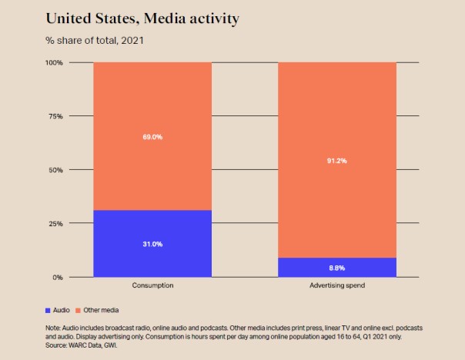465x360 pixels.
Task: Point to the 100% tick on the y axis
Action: [x=53, y=62]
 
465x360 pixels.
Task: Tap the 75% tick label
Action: [x=55, y=116]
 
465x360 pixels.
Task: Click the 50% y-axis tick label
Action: [x=55, y=170]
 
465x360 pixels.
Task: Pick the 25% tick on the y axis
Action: [x=55, y=224]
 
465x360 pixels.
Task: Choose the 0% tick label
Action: [x=58, y=277]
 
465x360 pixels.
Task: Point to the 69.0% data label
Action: [x=152, y=137]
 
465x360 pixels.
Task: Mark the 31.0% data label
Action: [x=152, y=244]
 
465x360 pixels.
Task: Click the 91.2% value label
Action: [x=336, y=161]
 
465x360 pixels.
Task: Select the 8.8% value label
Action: [x=336, y=268]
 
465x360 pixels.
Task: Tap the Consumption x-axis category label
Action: [x=152, y=285]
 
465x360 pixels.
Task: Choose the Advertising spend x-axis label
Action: [x=336, y=285]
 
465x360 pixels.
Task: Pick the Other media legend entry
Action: [x=101, y=310]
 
